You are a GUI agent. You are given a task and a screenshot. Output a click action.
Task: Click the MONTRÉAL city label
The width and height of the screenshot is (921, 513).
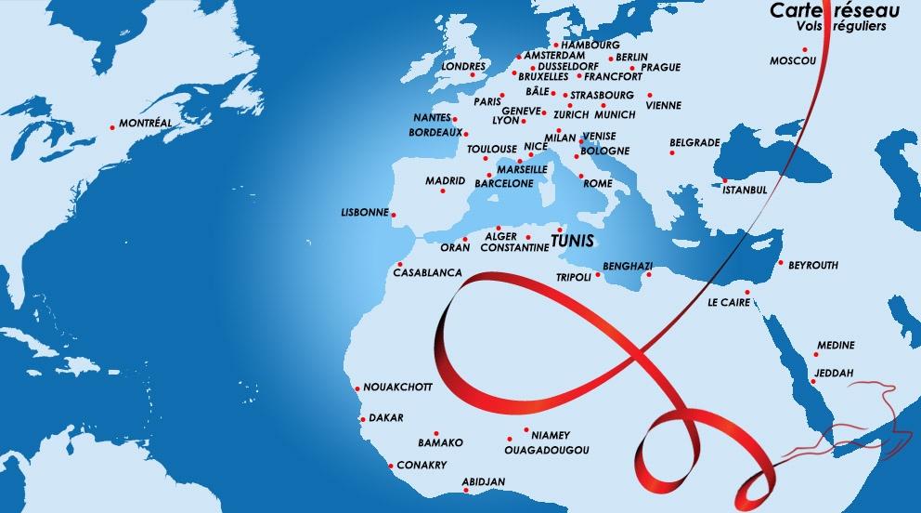pyautogui.click(x=146, y=124)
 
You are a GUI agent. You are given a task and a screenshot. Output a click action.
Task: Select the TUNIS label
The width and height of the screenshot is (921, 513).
pyautogui.click(x=572, y=241)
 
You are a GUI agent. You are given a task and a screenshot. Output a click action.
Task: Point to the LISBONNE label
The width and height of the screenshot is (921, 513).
pyautogui.click(x=365, y=213)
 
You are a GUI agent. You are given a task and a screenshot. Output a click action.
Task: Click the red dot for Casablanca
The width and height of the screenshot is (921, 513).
pyautogui.click(x=399, y=262)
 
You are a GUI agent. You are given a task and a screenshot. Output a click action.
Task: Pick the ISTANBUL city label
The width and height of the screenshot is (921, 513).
pyautogui.click(x=745, y=190)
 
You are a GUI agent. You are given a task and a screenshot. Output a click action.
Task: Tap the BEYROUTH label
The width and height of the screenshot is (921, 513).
pyautogui.click(x=812, y=266)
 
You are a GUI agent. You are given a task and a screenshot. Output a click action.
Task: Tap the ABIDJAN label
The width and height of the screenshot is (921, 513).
pyautogui.click(x=483, y=481)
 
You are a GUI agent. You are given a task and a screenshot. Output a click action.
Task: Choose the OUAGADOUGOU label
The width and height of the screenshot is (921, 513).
pyautogui.click(x=546, y=450)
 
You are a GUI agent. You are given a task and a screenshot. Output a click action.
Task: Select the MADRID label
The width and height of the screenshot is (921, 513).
pyautogui.click(x=445, y=181)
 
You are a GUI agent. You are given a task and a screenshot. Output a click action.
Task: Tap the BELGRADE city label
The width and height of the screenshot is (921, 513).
pyautogui.click(x=694, y=143)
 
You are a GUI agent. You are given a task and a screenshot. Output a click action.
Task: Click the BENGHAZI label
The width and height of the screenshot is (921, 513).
pyautogui.click(x=628, y=266)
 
